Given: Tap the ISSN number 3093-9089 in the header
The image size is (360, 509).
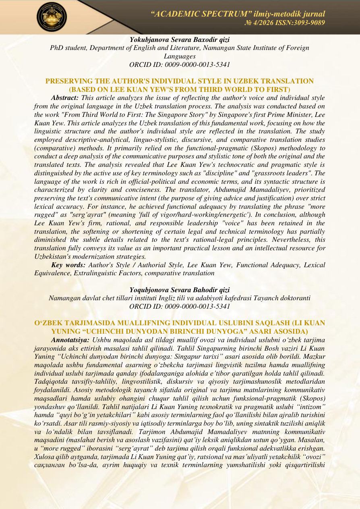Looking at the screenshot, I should [x=310, y=23].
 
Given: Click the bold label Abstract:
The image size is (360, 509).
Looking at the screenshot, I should [x=66, y=98].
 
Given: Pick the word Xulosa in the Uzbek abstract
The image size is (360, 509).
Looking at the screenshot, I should [x=43, y=457].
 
